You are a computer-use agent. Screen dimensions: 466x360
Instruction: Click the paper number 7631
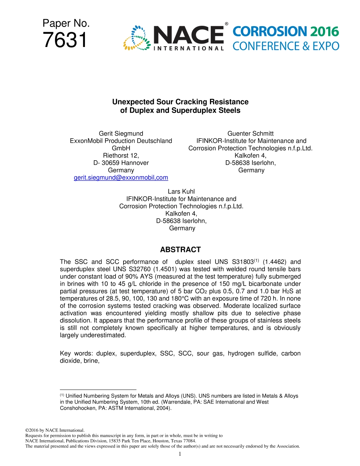click(65, 40)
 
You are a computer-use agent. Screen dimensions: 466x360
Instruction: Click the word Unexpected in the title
click(133, 102)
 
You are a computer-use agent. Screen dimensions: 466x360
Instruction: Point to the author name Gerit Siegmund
click(121, 133)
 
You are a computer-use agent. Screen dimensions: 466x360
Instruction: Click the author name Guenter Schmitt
click(250, 133)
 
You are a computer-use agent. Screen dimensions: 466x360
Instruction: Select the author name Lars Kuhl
click(181, 192)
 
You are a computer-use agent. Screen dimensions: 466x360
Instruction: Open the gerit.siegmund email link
click(121, 178)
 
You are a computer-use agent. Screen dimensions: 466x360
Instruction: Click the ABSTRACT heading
click(180, 250)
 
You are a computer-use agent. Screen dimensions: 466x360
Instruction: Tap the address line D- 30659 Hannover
click(121, 163)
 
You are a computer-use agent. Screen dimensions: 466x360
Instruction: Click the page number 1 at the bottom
click(180, 454)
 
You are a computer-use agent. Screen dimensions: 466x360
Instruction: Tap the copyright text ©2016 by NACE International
click(54, 430)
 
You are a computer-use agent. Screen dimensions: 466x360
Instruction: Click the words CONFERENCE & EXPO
click(286, 46)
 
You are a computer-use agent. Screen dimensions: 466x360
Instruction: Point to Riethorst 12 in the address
click(121, 155)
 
